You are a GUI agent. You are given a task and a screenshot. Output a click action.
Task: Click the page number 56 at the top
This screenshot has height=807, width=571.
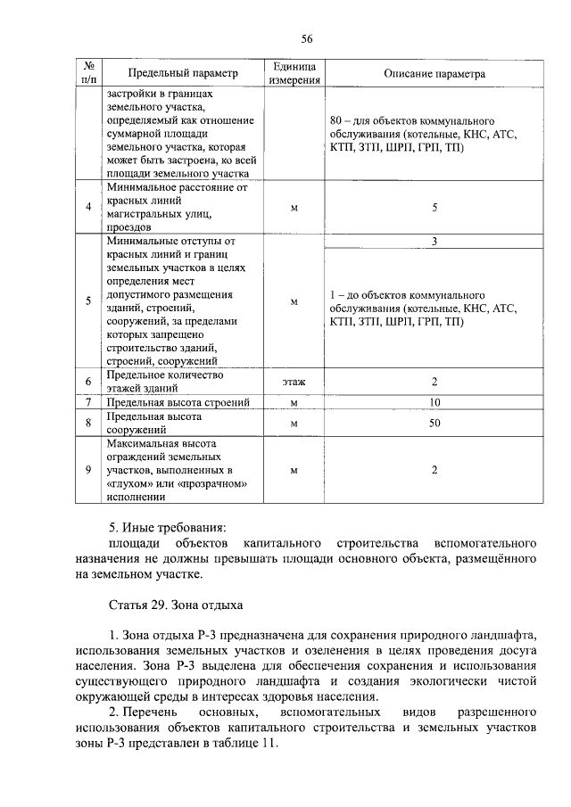click(x=307, y=38)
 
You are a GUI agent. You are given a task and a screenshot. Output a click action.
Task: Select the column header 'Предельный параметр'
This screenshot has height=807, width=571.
click(x=183, y=73)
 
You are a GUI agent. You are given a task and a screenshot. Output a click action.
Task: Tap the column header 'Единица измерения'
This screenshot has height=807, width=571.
click(x=293, y=73)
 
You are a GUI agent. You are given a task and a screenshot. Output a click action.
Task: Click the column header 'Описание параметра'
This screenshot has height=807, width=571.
click(x=434, y=73)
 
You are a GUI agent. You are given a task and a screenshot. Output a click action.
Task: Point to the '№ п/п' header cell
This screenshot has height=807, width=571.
click(x=88, y=73)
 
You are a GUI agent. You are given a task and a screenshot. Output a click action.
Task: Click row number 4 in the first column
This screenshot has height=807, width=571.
click(x=88, y=208)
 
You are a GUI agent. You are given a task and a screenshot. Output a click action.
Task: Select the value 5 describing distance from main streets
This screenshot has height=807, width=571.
click(x=434, y=208)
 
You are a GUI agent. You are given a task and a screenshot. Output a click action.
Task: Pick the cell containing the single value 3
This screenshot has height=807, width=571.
click(x=434, y=242)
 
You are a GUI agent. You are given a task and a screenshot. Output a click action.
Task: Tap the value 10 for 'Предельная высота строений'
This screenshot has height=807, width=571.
click(x=434, y=403)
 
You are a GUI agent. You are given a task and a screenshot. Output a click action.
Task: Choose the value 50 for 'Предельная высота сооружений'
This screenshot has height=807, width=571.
click(x=434, y=423)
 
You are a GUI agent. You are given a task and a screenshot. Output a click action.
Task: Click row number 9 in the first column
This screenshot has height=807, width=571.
click(x=88, y=470)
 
